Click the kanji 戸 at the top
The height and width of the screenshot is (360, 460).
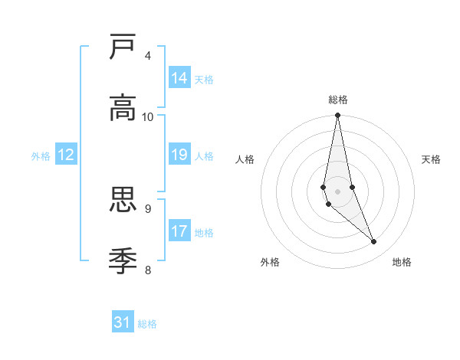coord(123,47)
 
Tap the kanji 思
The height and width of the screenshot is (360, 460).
coord(123,200)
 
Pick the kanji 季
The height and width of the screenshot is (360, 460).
coord(123,260)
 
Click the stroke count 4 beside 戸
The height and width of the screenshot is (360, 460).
coord(147,56)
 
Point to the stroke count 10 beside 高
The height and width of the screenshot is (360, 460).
coord(148,116)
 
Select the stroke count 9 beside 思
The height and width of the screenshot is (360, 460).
coord(147,208)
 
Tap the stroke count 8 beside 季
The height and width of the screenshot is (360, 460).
coord(147,269)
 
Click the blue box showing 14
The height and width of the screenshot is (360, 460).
coord(179,78)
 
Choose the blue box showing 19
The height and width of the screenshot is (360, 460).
coord(179,155)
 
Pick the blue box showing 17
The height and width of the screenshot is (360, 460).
coord(179,231)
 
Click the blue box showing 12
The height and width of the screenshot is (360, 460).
coord(66,155)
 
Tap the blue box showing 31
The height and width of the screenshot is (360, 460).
coord(123,322)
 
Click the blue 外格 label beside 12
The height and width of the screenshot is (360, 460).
coord(41,156)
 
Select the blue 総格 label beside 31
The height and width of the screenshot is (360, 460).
coord(147,324)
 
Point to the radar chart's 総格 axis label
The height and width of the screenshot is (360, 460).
coord(338,100)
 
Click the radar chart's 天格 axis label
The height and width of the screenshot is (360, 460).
coord(432,159)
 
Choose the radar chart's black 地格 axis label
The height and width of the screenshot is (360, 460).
coord(402,262)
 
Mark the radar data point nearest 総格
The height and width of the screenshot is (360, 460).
coord(337,116)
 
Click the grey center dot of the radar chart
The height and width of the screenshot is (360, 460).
coord(337,191)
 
